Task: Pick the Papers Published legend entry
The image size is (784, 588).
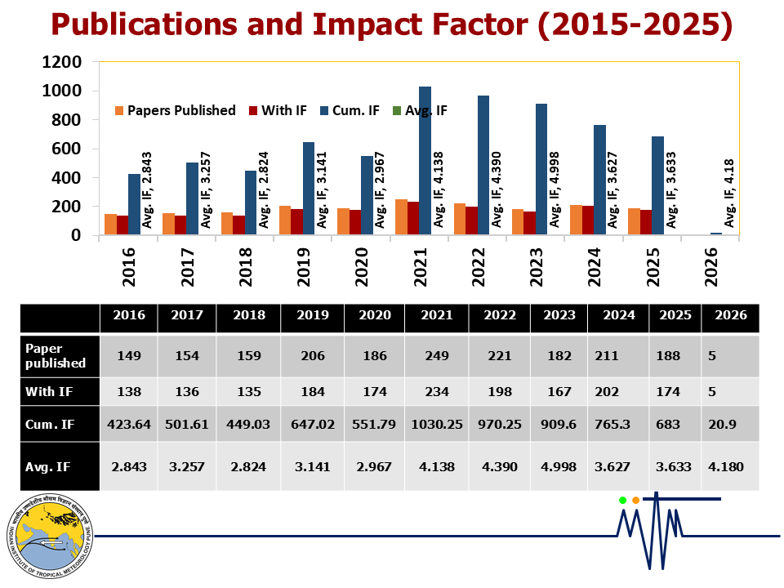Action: point(175,110)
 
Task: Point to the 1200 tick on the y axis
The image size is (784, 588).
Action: point(63,62)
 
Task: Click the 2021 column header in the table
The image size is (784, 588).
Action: point(437,316)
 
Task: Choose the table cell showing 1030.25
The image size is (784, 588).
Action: point(437,424)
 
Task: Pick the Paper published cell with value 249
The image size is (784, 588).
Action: point(437,355)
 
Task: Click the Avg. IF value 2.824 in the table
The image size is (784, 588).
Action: point(250,466)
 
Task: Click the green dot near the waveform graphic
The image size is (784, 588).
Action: point(622,500)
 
